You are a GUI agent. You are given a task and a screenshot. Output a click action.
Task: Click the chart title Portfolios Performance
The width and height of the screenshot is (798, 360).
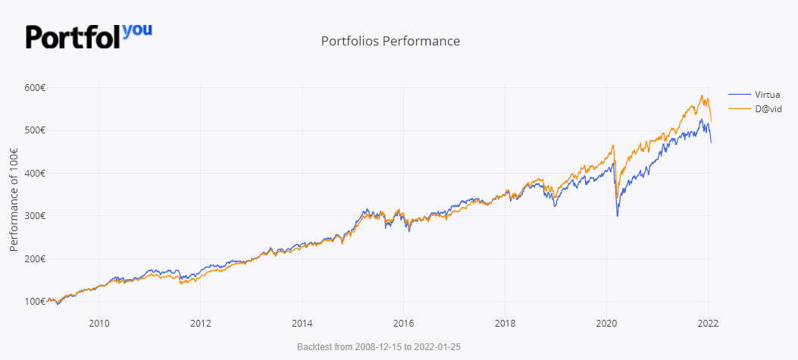pos(390,41)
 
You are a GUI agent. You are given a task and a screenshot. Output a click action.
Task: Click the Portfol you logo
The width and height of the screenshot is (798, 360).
pos(89,35)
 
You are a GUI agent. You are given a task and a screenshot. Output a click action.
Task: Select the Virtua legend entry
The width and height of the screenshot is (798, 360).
pos(767,94)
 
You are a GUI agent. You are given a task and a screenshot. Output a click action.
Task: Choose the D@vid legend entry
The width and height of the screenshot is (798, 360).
pos(766,109)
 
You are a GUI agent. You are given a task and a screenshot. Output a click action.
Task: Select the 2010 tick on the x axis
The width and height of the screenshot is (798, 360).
pos(99,324)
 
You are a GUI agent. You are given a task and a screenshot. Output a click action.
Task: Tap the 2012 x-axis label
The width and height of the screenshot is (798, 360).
pos(200,324)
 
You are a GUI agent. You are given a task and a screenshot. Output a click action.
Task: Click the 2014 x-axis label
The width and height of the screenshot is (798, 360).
pos(302,324)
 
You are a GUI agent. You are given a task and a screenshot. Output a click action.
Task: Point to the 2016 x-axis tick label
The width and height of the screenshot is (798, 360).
pos(403,324)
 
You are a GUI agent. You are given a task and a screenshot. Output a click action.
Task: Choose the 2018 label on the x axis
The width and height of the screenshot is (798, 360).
pos(505,324)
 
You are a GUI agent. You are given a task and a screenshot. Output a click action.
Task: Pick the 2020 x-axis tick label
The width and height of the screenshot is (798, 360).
pos(606,324)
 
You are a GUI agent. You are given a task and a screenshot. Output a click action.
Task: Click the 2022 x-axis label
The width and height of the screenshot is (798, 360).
pos(708,324)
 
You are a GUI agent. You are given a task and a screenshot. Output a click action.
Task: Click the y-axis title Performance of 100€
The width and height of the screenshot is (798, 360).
pos(14,195)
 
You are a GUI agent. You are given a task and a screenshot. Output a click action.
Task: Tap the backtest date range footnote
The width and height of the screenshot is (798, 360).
pos(390,346)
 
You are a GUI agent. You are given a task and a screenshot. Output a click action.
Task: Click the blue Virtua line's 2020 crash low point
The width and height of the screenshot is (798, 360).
pos(618,216)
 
